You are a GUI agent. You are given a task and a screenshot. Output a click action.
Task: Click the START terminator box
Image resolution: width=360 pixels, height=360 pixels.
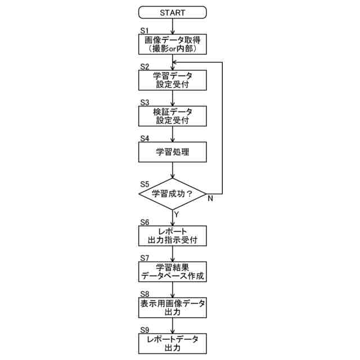point(172,12)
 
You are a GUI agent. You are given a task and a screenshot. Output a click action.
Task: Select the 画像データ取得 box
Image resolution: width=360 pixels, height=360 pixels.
point(172,44)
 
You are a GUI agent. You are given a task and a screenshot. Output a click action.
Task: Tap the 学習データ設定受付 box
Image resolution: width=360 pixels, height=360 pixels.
point(172,80)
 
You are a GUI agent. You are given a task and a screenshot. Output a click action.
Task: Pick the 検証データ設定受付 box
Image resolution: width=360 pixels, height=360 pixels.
point(172,116)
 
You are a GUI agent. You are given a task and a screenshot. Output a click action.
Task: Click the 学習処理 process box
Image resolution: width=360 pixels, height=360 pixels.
point(172,152)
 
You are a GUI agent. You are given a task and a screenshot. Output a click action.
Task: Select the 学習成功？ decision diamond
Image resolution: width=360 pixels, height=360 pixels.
point(172,194)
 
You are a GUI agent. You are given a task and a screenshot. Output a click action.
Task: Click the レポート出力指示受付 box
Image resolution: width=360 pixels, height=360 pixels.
point(172,236)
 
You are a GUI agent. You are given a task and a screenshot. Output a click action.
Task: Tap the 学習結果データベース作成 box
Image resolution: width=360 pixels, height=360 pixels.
point(172,272)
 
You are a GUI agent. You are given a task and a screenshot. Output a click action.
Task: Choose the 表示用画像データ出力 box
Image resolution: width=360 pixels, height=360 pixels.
point(172,307)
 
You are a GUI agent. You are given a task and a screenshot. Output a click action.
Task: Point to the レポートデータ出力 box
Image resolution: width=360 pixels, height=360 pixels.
point(172,343)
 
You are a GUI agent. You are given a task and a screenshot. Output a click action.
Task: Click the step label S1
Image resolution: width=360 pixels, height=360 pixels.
point(143,30)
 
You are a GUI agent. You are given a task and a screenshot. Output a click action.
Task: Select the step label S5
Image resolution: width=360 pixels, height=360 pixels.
point(144,183)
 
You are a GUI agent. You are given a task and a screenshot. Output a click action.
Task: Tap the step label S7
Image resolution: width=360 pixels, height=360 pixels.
point(144,258)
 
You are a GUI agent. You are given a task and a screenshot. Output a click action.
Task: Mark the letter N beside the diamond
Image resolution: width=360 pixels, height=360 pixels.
point(210,199)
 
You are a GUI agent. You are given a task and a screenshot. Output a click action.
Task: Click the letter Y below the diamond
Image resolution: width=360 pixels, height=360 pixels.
point(176,214)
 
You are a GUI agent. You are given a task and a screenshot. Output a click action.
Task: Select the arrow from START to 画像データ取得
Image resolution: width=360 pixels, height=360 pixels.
point(172,26)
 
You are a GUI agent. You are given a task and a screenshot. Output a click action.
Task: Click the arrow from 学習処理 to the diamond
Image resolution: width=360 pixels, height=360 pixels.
point(172,172)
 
